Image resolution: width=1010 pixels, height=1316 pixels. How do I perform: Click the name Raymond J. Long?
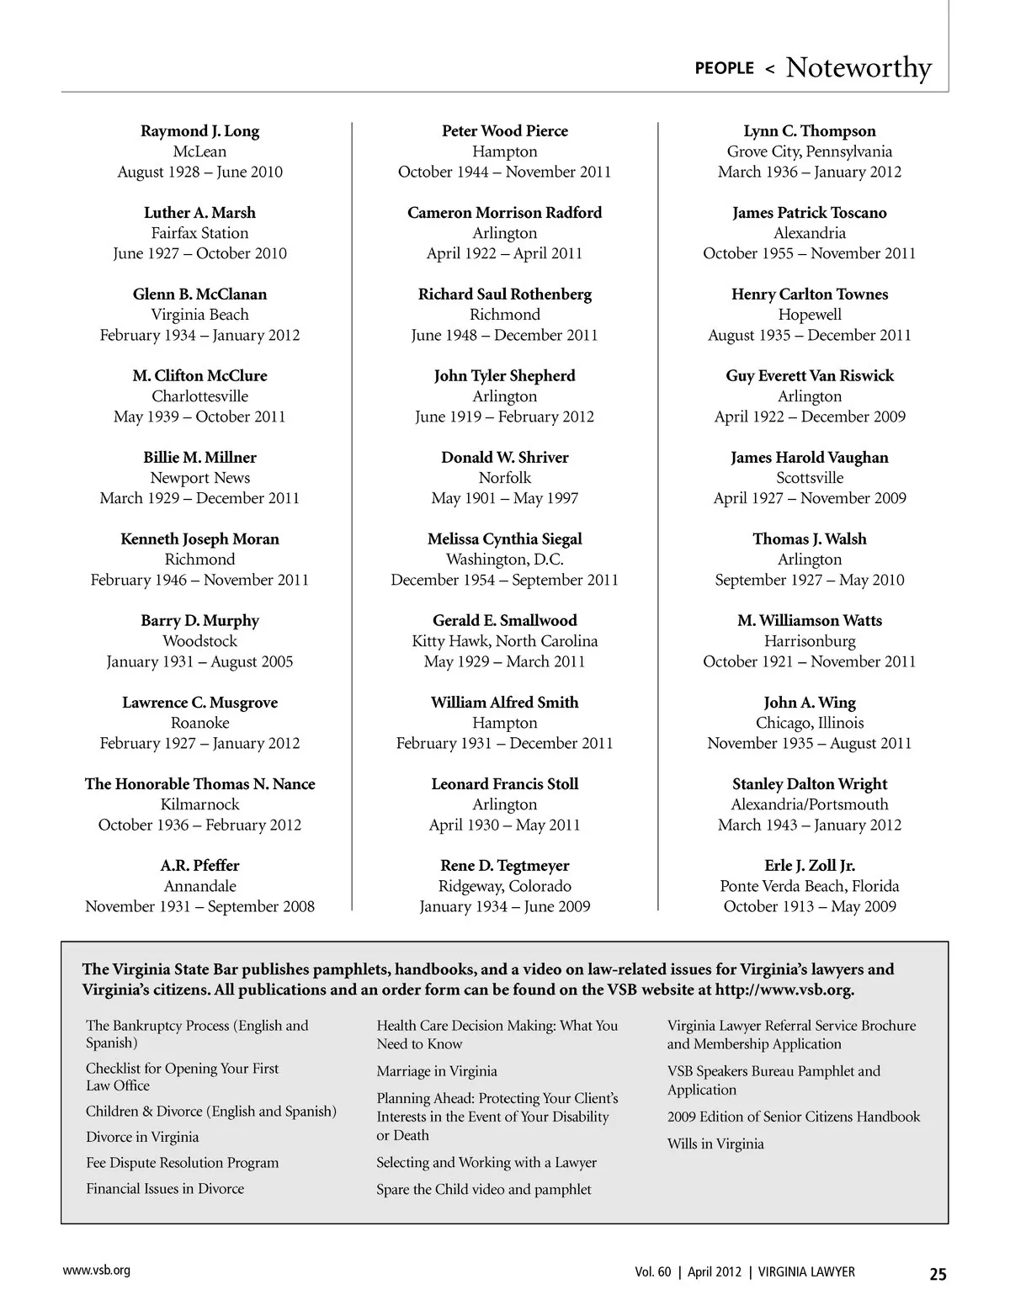tap(199, 131)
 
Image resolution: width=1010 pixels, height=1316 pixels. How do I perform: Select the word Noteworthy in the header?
tap(858, 67)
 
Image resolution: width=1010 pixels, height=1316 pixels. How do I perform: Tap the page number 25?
tap(938, 1274)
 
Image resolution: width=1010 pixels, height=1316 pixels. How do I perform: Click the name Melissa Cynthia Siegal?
tap(504, 539)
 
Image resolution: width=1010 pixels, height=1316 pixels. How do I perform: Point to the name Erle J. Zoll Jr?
tap(809, 866)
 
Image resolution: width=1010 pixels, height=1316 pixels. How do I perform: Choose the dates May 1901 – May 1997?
tap(504, 498)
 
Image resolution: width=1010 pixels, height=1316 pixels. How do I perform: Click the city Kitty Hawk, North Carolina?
tap(504, 641)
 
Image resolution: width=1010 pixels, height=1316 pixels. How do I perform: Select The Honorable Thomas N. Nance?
tap(199, 784)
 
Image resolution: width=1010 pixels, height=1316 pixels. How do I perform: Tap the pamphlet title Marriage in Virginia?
tap(436, 1071)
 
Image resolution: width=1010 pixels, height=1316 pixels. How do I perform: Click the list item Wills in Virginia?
tap(715, 1144)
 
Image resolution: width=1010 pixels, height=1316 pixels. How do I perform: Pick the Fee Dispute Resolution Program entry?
tap(182, 1163)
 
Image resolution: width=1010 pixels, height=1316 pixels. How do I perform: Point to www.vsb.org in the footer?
tap(96, 1271)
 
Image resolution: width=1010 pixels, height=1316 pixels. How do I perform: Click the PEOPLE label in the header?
tap(724, 68)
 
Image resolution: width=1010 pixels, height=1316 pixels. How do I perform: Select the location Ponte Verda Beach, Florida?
tap(809, 886)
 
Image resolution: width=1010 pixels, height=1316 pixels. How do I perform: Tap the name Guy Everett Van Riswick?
tap(809, 376)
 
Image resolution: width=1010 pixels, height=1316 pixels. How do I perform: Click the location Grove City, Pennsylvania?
tap(809, 151)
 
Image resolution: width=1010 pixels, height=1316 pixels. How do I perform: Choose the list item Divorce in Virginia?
tap(142, 1137)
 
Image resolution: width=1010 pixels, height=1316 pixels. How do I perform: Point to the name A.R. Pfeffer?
tap(199, 866)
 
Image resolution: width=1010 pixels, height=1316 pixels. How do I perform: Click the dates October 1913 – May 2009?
tap(809, 906)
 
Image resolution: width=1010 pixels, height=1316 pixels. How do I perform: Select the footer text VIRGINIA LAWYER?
tap(805, 1272)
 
